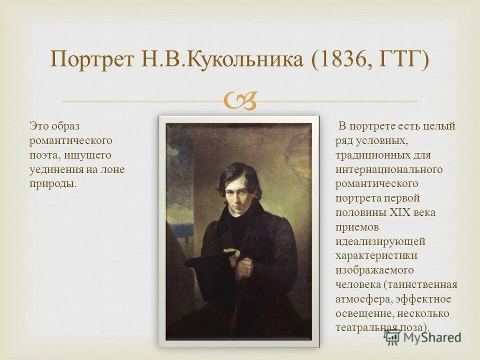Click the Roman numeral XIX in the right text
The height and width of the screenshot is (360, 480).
point(400,212)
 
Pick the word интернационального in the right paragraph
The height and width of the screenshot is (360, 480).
point(389,169)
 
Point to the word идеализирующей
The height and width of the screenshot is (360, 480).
point(380,241)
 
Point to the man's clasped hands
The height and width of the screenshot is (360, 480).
point(243,267)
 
